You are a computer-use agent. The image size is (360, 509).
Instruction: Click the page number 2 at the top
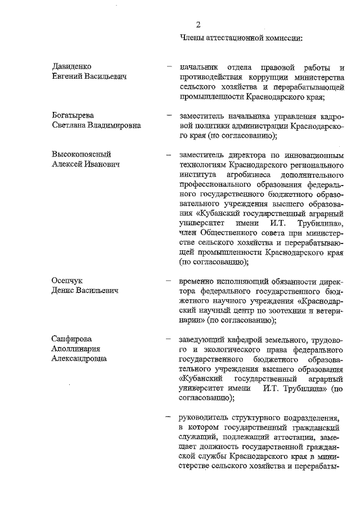pyautogui.click(x=198, y=25)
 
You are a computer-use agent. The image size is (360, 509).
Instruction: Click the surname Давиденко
pyautogui.click(x=72, y=67)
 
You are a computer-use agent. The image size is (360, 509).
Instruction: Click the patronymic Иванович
pyautogui.click(x=104, y=163)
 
